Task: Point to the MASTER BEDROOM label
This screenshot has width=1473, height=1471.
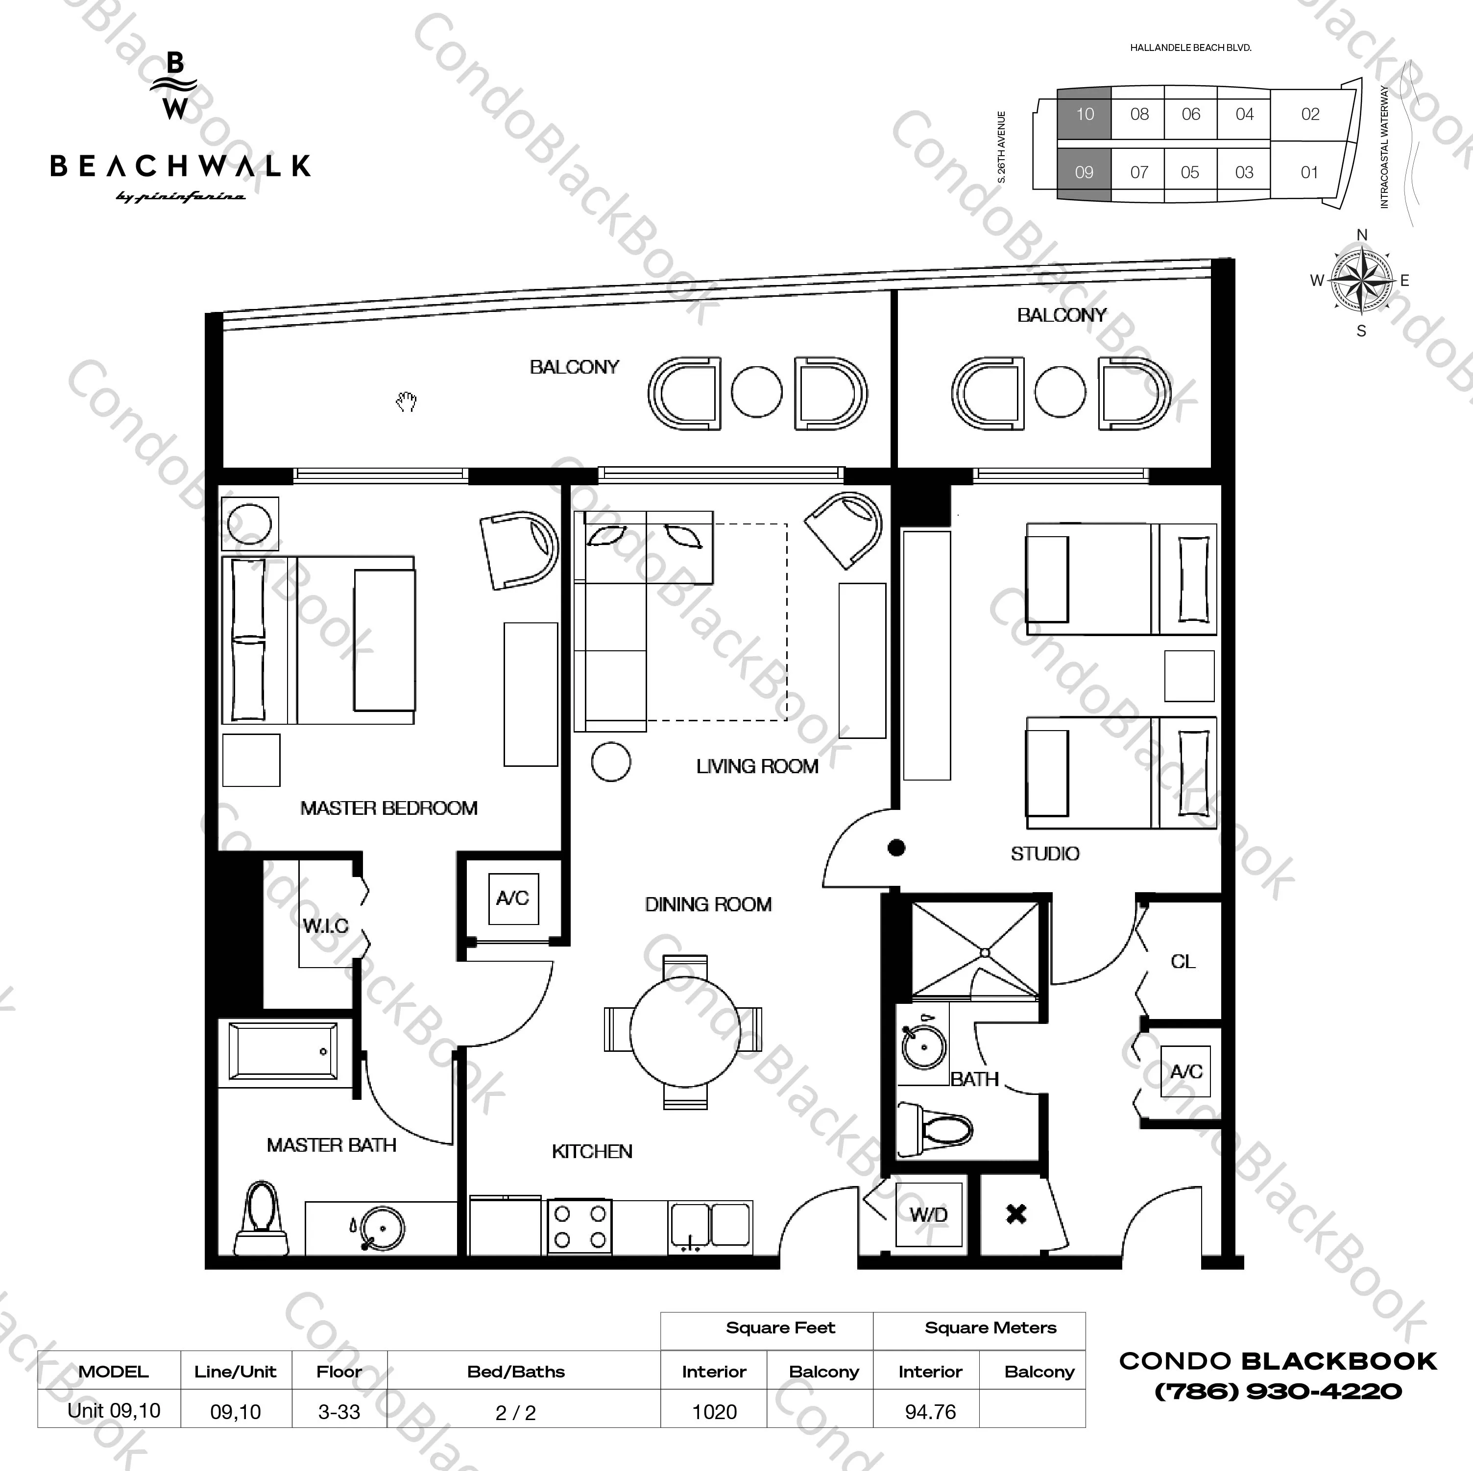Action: (389, 808)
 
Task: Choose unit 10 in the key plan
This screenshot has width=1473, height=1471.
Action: (1084, 114)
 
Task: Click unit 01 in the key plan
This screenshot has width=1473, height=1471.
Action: (1309, 172)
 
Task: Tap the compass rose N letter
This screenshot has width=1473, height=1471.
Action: (1362, 235)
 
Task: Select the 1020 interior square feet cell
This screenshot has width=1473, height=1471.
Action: (714, 1412)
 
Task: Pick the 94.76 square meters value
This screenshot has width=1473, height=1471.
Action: (930, 1412)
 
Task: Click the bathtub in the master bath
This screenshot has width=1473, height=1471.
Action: (283, 1052)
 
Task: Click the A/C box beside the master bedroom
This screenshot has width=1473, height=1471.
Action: (513, 899)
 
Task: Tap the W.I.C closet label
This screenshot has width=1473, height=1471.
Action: (326, 926)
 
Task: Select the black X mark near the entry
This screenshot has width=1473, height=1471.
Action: (1016, 1214)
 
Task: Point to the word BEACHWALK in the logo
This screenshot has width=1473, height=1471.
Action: (181, 166)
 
